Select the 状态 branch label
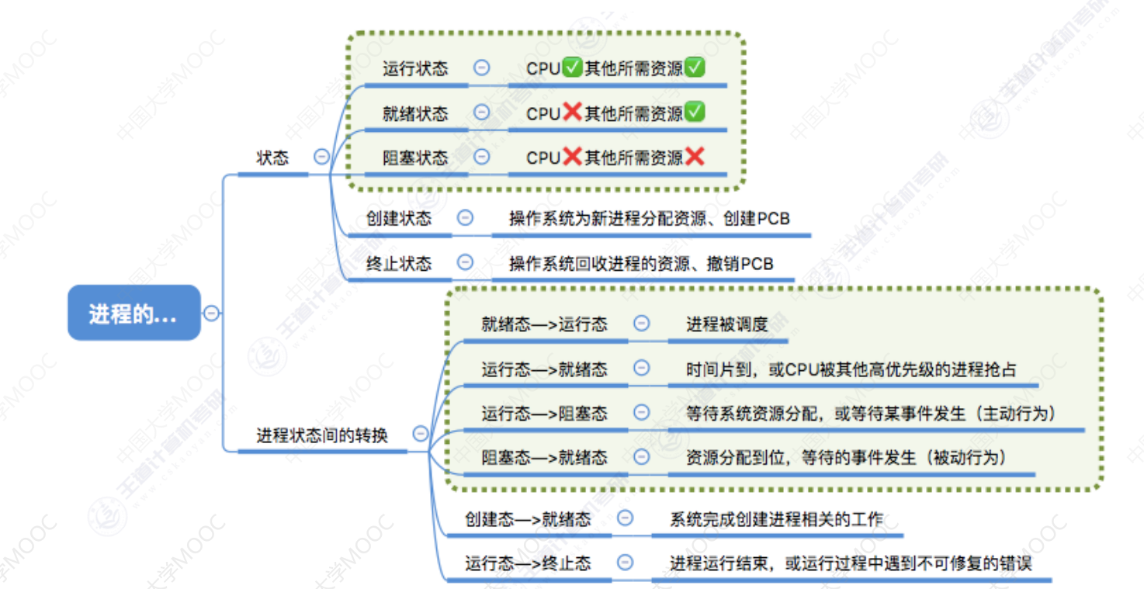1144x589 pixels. tap(272, 158)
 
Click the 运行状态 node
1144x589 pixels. tap(415, 68)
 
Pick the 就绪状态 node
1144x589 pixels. tap(415, 113)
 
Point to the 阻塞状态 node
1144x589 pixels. tap(415, 158)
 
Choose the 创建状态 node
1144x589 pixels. tap(399, 219)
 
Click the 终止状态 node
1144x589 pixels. tap(399, 263)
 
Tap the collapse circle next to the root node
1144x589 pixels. tap(211, 314)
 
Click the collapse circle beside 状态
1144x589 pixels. tap(321, 157)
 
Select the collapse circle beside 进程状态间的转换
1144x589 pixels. tap(420, 434)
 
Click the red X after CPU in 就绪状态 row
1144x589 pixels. tap(572, 113)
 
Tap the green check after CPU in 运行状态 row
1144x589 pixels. tap(572, 68)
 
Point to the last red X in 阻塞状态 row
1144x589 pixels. tap(695, 157)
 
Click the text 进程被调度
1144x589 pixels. tap(726, 324)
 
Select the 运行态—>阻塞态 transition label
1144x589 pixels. tap(544, 414)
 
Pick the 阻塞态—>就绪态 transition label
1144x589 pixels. tap(544, 458)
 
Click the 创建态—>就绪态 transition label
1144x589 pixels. tap(528, 519)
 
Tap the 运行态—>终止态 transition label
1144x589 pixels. tap(528, 563)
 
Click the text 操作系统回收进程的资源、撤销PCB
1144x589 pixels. tap(641, 264)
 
